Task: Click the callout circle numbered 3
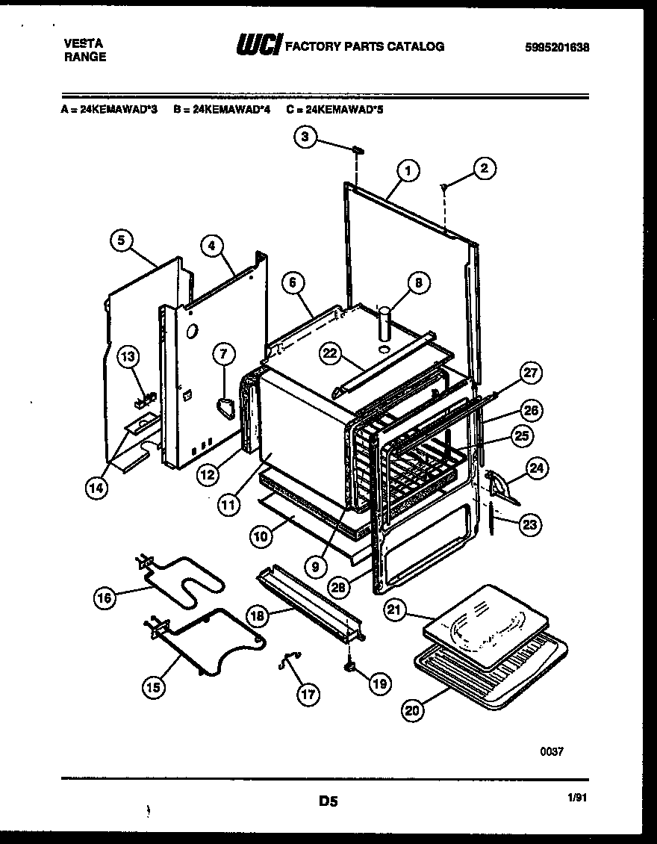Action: (x=305, y=137)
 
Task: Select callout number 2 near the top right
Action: (x=484, y=169)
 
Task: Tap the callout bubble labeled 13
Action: (x=129, y=357)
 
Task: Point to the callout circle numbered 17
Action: (x=308, y=694)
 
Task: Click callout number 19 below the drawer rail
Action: (x=379, y=681)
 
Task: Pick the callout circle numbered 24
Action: (x=535, y=468)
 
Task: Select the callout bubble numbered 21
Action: (x=395, y=610)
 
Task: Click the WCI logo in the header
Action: (x=258, y=46)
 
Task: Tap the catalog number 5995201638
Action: (x=556, y=47)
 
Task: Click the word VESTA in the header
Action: (x=78, y=44)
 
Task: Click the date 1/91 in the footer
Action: (x=578, y=798)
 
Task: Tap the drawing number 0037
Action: (x=552, y=751)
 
